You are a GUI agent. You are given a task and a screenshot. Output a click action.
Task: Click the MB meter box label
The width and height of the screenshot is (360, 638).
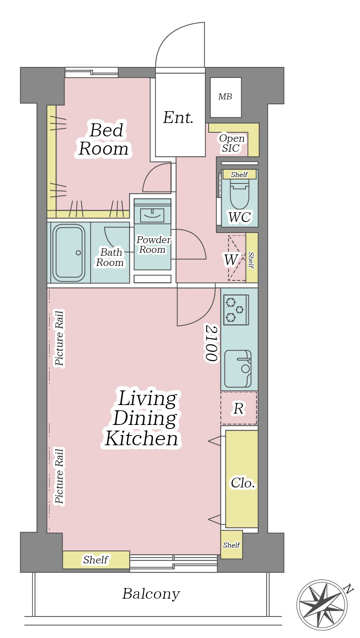point(225,97)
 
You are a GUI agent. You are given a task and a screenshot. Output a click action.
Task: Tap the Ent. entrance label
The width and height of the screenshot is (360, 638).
point(178,117)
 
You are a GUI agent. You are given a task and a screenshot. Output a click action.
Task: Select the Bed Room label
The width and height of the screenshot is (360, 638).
point(104,139)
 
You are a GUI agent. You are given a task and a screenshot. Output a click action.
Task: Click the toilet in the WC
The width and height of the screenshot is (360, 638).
point(239,196)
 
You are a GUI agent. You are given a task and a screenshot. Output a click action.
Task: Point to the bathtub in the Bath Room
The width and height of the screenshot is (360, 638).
point(69,252)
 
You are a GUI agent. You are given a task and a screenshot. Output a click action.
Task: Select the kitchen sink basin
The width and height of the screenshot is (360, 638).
point(238,369)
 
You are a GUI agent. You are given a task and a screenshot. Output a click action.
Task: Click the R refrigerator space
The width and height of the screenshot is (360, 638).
point(239,408)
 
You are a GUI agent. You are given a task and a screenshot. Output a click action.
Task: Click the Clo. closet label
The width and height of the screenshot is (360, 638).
point(243,483)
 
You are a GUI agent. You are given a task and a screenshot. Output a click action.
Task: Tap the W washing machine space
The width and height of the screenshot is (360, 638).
point(231,260)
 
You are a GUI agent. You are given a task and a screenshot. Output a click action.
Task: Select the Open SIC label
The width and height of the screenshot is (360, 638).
point(232,143)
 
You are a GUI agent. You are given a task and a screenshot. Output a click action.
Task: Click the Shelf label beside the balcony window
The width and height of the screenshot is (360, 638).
point(96,560)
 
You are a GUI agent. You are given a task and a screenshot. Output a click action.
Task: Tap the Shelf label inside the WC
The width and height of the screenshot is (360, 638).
point(239,174)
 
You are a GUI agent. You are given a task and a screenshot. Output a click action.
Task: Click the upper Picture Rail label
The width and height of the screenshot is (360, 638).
point(59,338)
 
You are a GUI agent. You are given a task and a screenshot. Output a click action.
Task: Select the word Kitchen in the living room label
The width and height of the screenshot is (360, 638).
point(142,439)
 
